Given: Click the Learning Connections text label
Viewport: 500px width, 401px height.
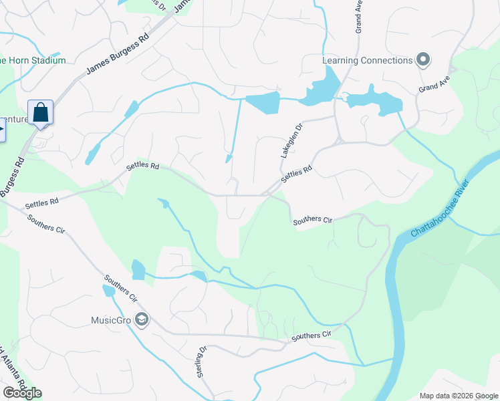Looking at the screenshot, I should (x=367, y=60).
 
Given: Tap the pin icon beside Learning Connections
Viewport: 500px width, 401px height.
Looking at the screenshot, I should (x=422, y=60).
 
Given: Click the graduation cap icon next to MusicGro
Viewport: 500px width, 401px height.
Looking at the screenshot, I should (x=141, y=320).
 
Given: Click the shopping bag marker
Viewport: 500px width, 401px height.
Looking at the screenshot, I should (x=40, y=112).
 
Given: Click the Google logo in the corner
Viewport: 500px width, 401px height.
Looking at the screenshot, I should (x=22, y=393).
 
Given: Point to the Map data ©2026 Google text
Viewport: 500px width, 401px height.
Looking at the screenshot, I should (x=458, y=395).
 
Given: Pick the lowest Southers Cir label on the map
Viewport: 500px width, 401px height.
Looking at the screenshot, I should (x=311, y=336).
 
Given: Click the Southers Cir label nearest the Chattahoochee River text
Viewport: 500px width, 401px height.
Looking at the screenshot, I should (x=312, y=219).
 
